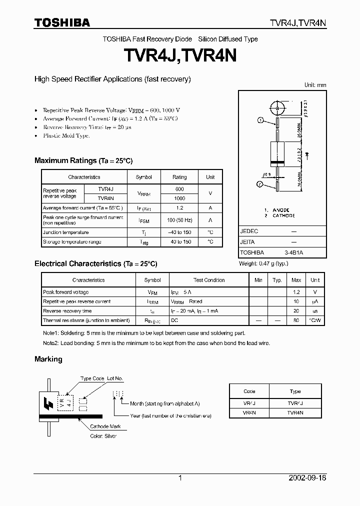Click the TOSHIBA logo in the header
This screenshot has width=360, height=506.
[x=62, y=22]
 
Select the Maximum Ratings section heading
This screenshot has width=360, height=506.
[x=83, y=160]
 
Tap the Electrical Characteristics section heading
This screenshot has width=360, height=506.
[x=95, y=263]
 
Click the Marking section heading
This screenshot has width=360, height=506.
[x=48, y=359]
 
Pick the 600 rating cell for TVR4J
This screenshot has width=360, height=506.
[x=179, y=189]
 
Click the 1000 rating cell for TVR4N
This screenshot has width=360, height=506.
[x=179, y=198]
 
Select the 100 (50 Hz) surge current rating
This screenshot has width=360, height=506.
[x=179, y=220]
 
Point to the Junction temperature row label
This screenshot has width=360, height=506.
[x=66, y=232]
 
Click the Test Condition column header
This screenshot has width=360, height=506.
[x=209, y=280]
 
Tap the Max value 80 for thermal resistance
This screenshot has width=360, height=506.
[x=296, y=320]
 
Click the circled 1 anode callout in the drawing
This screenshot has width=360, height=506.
[x=260, y=120]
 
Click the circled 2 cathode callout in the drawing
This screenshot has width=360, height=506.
[x=260, y=184]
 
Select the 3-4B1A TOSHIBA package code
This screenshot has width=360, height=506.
[x=293, y=253]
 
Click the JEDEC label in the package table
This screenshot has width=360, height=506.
[x=248, y=232]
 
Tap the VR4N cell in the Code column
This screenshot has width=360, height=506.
[x=249, y=412]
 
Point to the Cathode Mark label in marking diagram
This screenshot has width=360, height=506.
[x=105, y=426]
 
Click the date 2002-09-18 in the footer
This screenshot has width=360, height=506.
[x=307, y=478]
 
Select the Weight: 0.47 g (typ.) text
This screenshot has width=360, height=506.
[x=263, y=263]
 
